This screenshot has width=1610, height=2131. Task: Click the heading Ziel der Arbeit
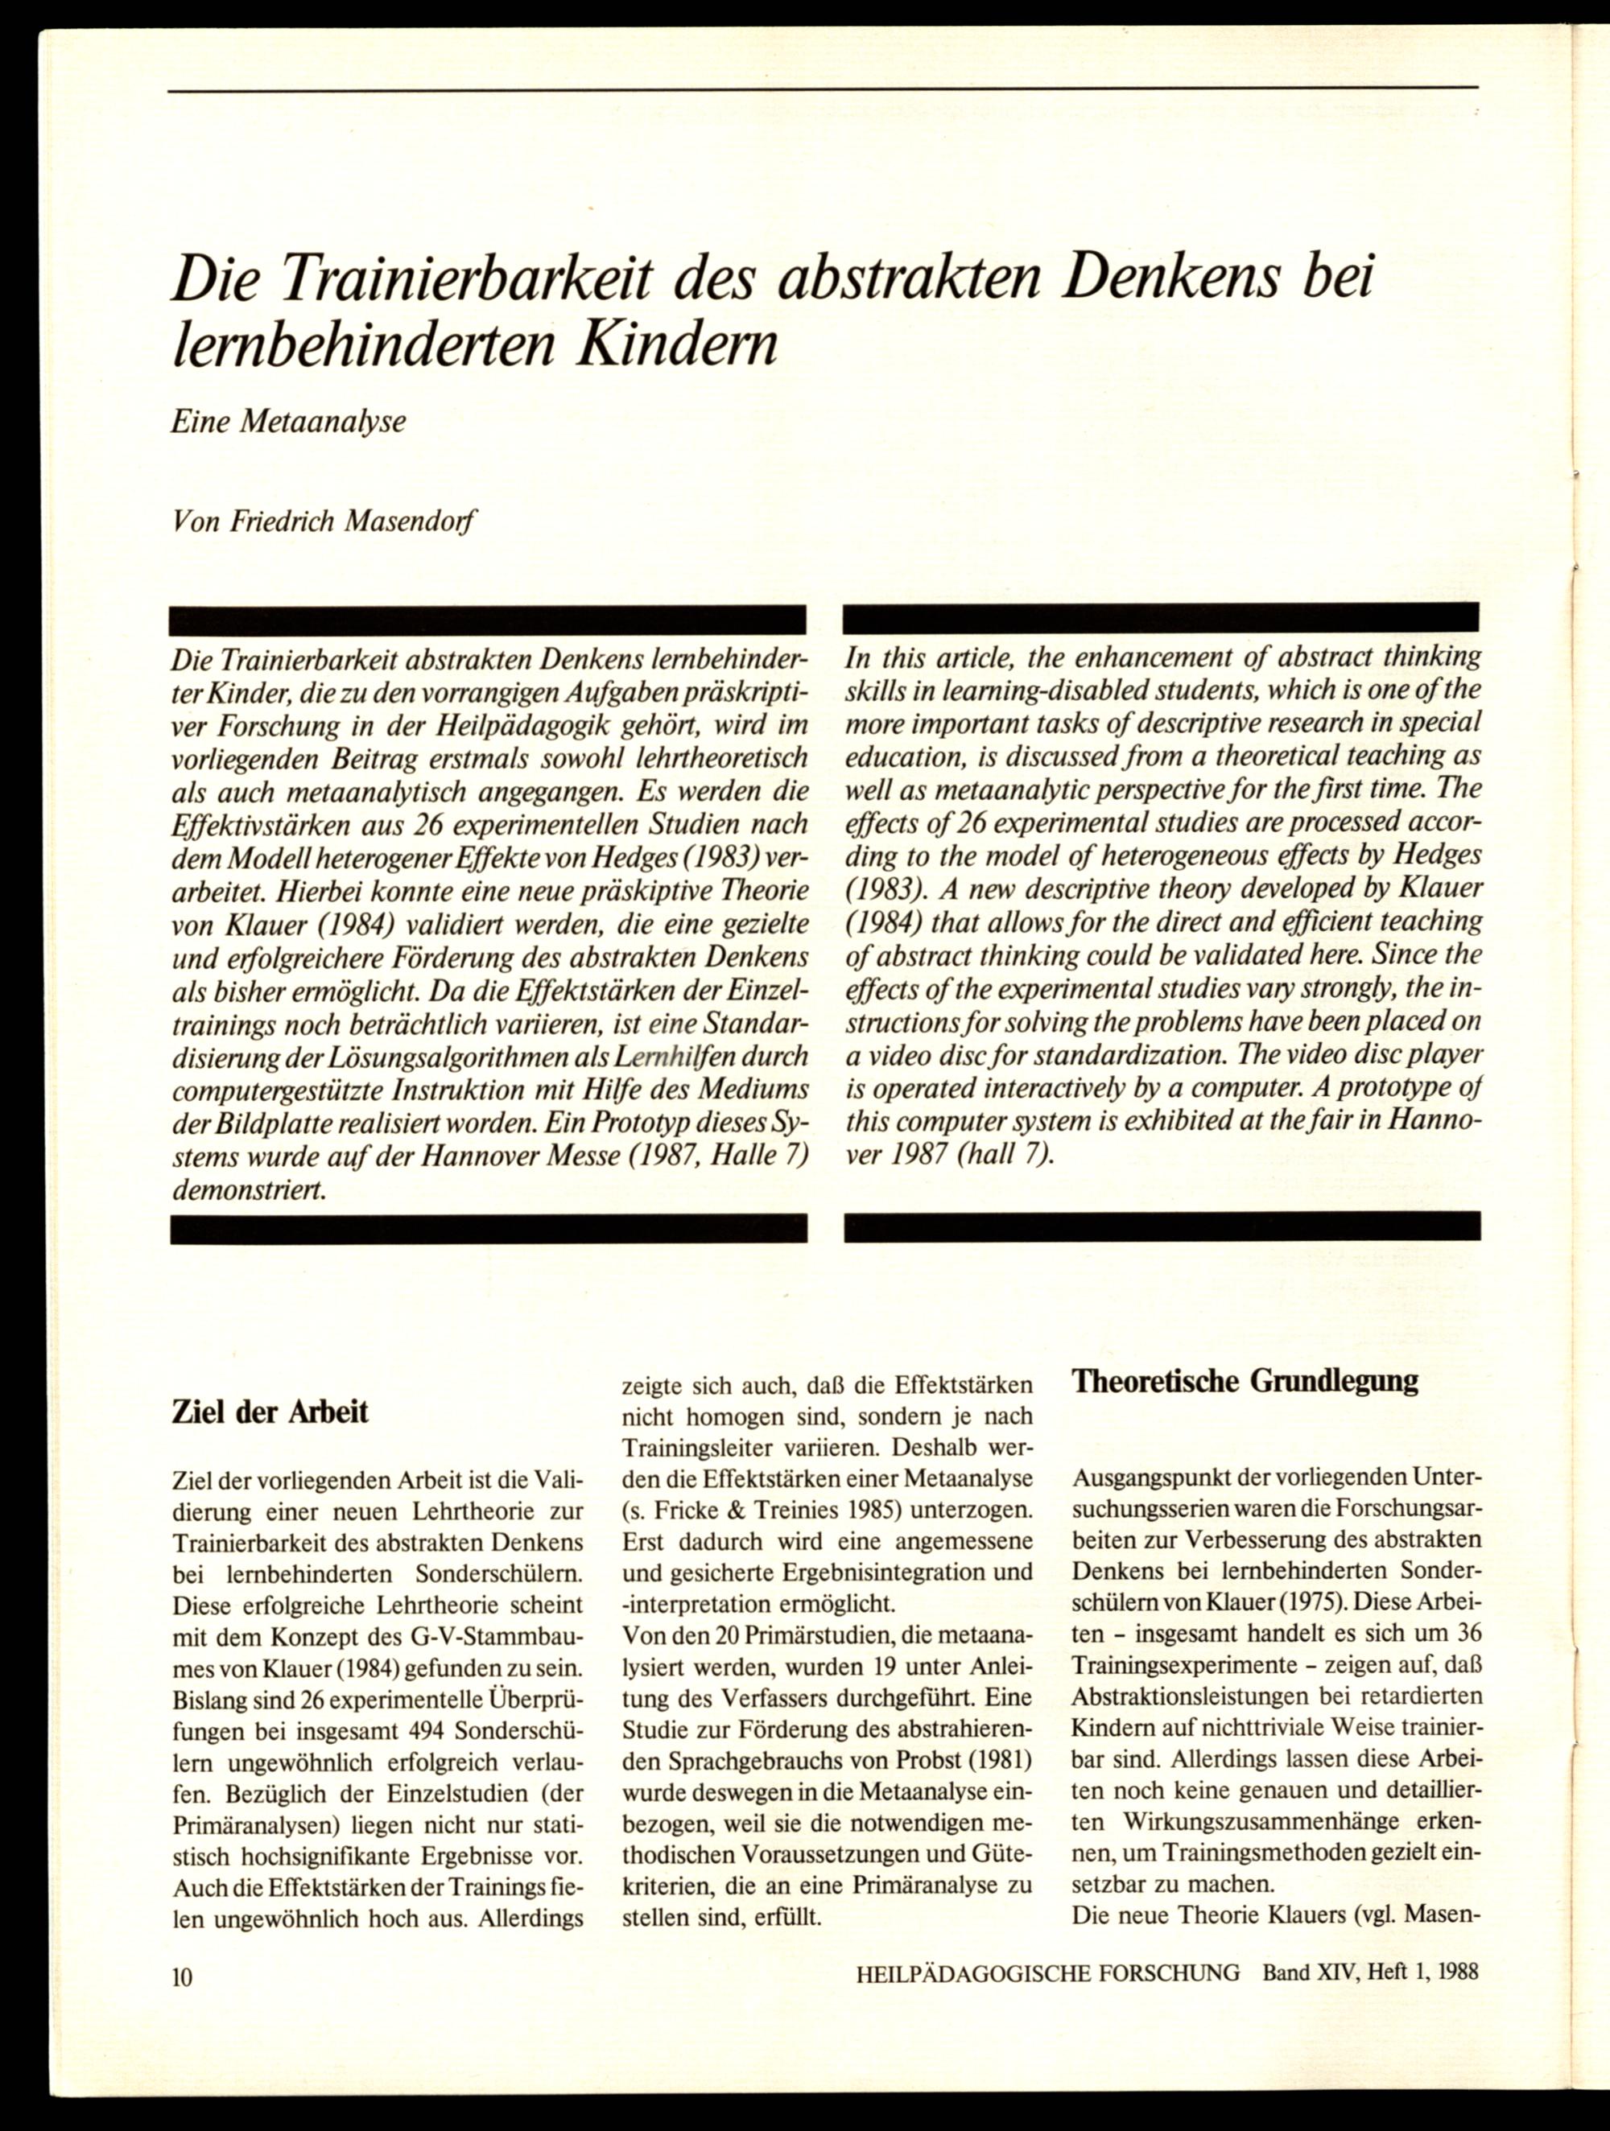[x=269, y=1412]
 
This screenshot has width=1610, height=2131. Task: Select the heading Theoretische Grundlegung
[x=1245, y=1380]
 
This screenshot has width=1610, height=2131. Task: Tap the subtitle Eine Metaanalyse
[x=288, y=421]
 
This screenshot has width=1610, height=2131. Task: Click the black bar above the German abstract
[x=488, y=620]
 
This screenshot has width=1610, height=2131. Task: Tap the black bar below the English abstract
[x=1161, y=1226]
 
